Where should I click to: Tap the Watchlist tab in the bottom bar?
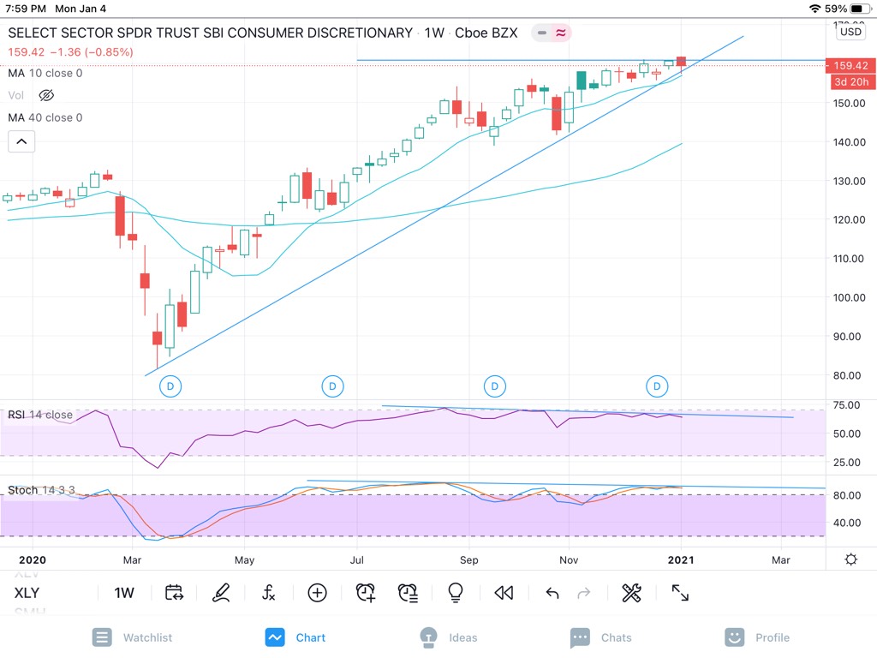(133, 637)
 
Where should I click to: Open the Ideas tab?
(449, 637)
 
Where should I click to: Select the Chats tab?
(601, 637)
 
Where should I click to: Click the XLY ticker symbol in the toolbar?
(27, 593)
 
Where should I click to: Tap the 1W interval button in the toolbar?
(124, 593)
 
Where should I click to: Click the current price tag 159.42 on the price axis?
(850, 65)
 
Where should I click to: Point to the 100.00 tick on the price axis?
(848, 297)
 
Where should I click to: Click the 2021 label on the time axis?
(681, 560)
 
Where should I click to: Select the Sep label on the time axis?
(468, 560)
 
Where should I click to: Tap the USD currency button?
(851, 32)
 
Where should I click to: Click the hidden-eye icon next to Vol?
(46, 95)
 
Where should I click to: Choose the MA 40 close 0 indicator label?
(45, 117)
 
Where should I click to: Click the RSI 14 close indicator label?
(40, 415)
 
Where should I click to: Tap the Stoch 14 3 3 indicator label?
(41, 490)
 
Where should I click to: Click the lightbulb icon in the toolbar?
(456, 593)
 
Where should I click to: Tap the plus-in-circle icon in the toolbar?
(318, 593)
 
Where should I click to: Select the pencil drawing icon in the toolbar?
(221, 593)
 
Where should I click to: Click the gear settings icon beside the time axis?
(850, 559)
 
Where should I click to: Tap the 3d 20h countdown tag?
(850, 81)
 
